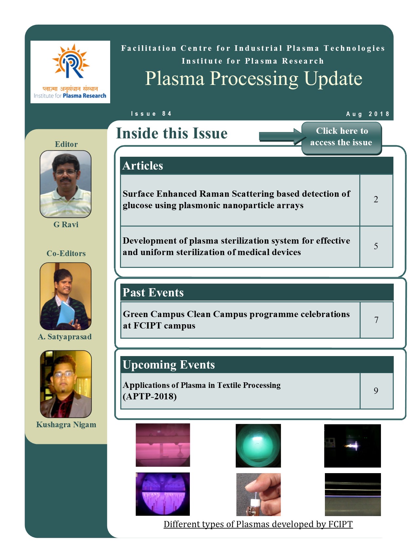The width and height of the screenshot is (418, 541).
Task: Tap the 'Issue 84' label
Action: point(151,114)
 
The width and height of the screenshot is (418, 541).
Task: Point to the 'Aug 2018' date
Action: point(368,114)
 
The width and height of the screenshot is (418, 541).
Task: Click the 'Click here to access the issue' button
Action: point(341,138)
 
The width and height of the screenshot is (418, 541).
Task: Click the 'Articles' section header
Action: point(143,166)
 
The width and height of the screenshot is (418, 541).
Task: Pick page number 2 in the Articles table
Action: point(376,199)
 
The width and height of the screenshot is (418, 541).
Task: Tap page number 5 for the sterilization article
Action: point(376,246)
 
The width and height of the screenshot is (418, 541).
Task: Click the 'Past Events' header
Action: point(153,292)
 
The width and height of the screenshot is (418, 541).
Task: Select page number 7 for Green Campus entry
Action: point(376,320)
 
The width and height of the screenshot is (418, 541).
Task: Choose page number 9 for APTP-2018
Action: point(376,391)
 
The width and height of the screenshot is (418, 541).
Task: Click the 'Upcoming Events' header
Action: point(169,365)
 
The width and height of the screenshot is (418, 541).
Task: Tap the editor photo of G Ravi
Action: point(66,184)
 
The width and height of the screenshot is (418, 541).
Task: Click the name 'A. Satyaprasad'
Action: point(65,337)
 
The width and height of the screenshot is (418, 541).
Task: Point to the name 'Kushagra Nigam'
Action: point(66,425)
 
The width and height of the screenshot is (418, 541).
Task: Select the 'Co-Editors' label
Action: point(66,253)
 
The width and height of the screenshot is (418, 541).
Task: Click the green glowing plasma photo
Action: point(258,446)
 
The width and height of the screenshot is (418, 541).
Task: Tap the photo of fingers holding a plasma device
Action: point(258,494)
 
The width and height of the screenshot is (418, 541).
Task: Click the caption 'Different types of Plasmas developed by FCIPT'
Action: point(258,524)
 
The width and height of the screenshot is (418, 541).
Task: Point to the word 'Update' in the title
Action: point(333,79)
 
